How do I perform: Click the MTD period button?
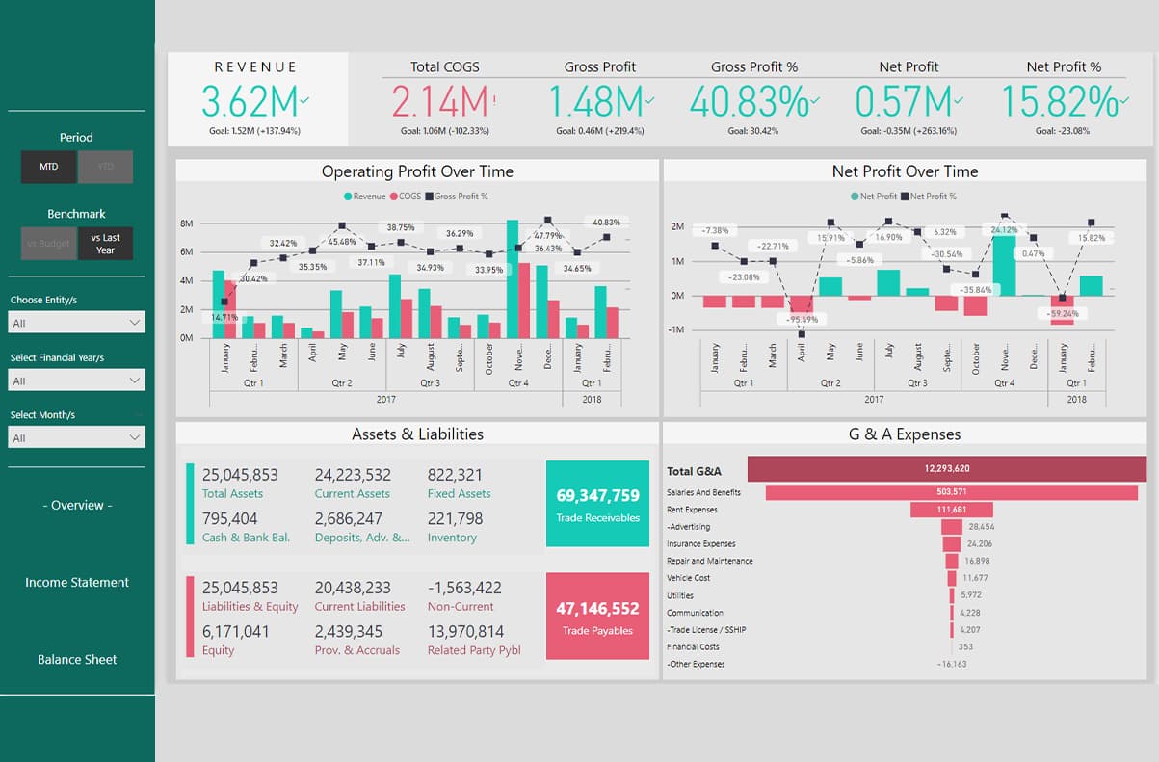coord(49,167)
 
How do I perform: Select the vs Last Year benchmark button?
coord(105,244)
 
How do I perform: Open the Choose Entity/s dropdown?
coord(77,323)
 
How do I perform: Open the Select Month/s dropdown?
coord(77,438)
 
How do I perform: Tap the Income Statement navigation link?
coord(77,582)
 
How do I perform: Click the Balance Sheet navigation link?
coord(77,660)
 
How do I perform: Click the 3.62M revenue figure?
coord(252,102)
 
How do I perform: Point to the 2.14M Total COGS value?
coord(440,102)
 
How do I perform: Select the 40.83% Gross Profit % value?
coord(749,102)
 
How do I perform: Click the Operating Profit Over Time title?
coord(417,171)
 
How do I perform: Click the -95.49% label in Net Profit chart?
coord(802,319)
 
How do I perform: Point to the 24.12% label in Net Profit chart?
coord(1005,230)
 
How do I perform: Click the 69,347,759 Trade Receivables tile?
coord(597,504)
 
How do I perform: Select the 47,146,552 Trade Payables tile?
coord(597,617)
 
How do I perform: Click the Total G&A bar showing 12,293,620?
coord(946,469)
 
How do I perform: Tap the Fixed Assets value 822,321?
coord(455,475)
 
